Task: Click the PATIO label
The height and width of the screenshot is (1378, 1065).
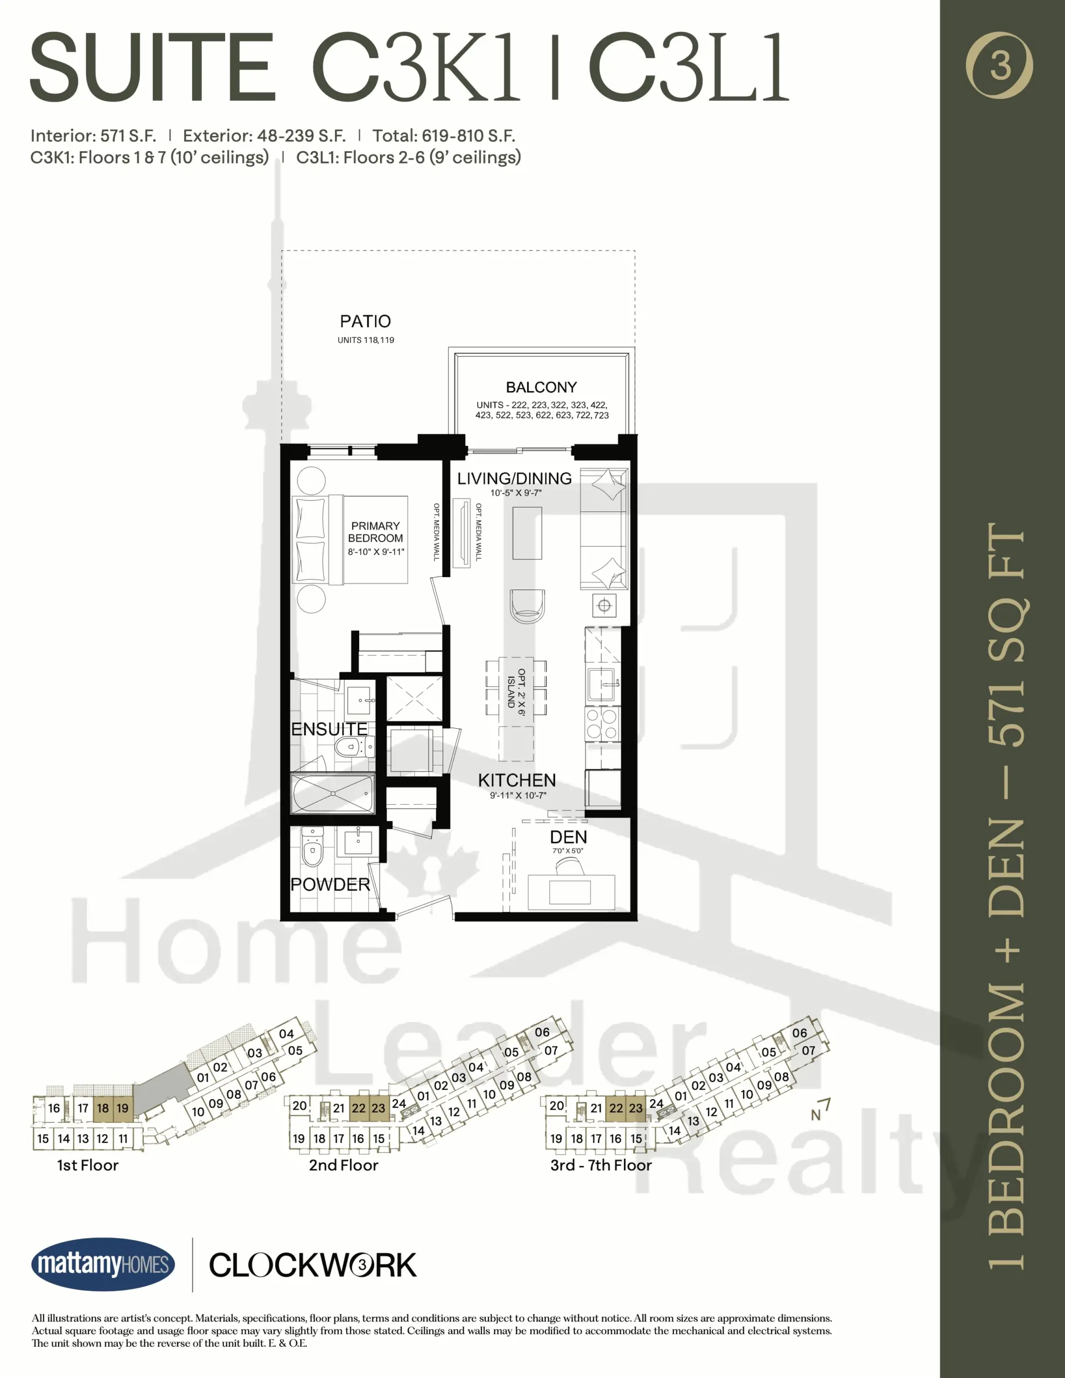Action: click(x=366, y=321)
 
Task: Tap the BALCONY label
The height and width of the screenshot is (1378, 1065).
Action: click(x=541, y=387)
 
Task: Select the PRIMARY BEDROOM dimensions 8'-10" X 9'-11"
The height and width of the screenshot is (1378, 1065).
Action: click(x=376, y=551)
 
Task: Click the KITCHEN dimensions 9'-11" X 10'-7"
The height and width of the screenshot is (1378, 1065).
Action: click(x=517, y=795)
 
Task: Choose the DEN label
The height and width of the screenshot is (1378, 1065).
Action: click(x=568, y=837)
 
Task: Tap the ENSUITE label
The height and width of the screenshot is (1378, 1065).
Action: click(x=329, y=729)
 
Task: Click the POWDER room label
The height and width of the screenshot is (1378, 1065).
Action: click(x=330, y=884)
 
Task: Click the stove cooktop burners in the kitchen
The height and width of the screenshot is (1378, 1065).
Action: click(x=602, y=723)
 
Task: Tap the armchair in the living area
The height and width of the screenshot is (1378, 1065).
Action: click(x=527, y=606)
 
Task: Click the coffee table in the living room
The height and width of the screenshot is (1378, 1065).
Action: click(x=527, y=533)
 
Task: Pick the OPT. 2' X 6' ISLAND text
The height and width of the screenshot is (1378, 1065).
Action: click(x=516, y=692)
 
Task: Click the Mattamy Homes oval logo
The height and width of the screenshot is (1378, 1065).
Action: click(x=103, y=1264)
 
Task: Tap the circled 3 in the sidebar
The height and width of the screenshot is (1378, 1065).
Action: click(x=1000, y=66)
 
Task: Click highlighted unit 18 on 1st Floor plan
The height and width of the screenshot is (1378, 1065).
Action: click(x=103, y=1108)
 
